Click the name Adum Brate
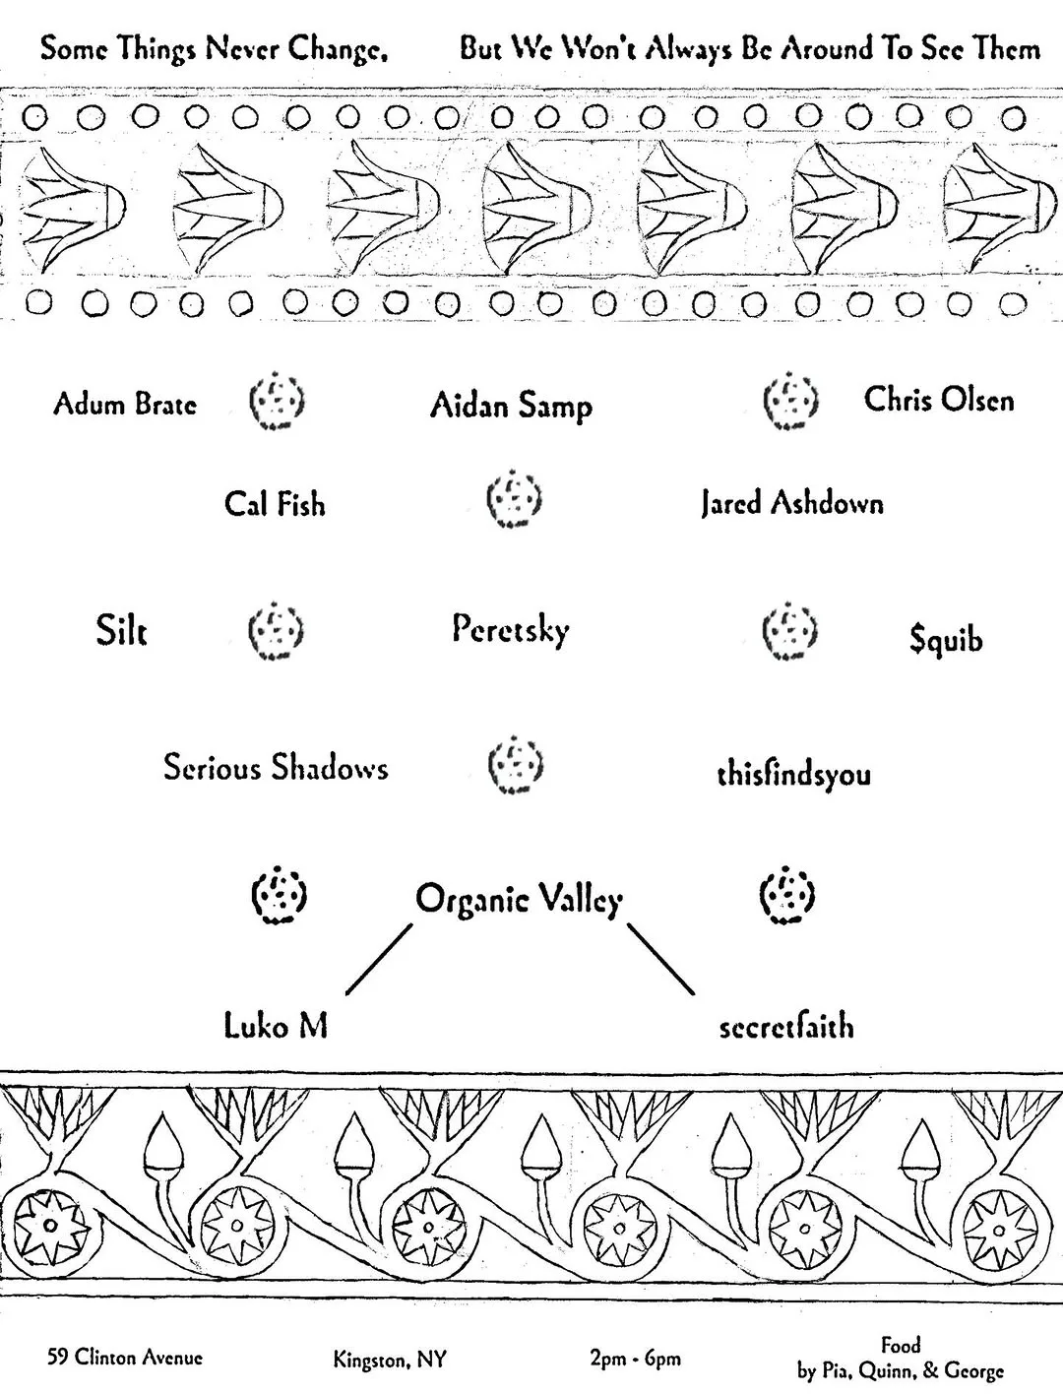[x=125, y=405]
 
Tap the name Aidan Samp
[x=512, y=406]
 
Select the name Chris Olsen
[x=938, y=400]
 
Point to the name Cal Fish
[x=276, y=504]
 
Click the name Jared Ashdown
[x=792, y=504]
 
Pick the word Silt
[x=121, y=630]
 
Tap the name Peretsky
[x=511, y=630]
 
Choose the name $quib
[x=946, y=639]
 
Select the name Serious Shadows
[x=276, y=767]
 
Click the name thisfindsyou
[x=794, y=775]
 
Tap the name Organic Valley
[x=519, y=899]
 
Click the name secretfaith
[x=786, y=1027]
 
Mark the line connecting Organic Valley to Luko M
[x=379, y=959]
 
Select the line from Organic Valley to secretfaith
[x=660, y=959]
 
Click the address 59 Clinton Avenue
[x=125, y=1357]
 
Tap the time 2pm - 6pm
[x=636, y=1359]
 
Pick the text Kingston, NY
[x=390, y=1359]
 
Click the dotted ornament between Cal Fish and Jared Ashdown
[x=514, y=499]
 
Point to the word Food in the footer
[x=901, y=1344]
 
